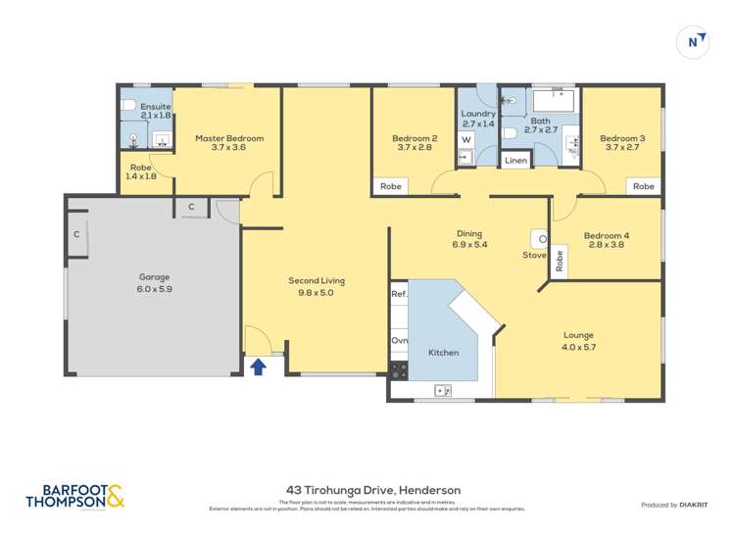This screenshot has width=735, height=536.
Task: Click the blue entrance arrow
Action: [x=258, y=366]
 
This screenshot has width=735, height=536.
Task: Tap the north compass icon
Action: [x=694, y=42]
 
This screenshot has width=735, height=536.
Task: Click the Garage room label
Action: [x=153, y=277]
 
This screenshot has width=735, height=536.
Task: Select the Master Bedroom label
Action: [x=228, y=138]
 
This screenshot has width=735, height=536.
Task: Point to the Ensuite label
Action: [x=156, y=106]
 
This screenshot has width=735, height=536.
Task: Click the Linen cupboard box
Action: [x=515, y=160]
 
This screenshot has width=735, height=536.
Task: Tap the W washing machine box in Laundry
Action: [x=466, y=139]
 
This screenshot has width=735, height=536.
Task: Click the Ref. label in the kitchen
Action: [x=399, y=294]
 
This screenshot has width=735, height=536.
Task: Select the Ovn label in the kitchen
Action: [x=399, y=340]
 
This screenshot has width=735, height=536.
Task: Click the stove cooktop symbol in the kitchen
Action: [x=399, y=370]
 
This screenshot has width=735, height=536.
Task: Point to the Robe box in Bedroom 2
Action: [x=390, y=186]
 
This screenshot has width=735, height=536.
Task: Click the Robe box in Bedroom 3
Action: [x=643, y=186]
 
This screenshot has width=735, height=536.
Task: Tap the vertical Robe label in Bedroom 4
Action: [x=560, y=261]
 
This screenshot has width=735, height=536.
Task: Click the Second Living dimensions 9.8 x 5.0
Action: [x=317, y=292]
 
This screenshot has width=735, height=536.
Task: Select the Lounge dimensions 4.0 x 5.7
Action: [x=578, y=347]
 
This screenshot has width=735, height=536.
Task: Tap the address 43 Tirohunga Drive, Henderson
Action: [x=372, y=490]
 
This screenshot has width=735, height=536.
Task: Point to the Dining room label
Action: [x=468, y=233]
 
